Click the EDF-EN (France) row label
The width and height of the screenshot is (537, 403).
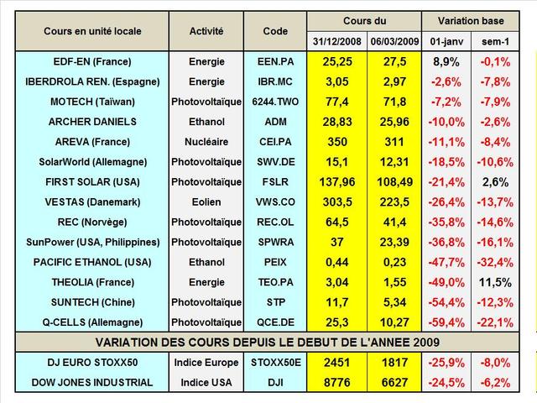93,61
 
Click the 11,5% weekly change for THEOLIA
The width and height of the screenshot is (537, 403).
495,281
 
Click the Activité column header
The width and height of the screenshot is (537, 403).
206,31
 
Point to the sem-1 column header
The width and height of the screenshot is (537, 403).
496,40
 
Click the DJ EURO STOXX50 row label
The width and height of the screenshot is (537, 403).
93,362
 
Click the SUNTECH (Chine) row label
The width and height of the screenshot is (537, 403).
93,301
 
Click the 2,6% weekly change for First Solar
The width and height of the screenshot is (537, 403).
495,181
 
